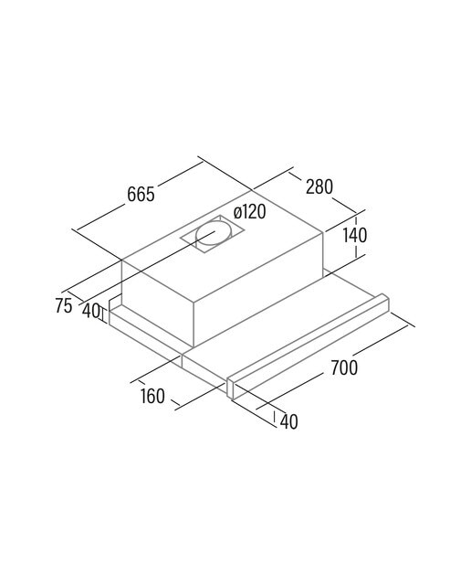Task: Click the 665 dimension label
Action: coord(141,195)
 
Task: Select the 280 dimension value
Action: coord(319,186)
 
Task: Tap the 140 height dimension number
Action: coord(355,235)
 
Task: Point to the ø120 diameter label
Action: coord(250,212)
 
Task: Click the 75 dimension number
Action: coord(63,306)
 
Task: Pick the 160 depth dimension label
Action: coord(152,396)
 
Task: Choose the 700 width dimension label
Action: coord(344,367)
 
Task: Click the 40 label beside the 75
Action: coord(90,311)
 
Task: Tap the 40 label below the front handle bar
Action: coord(288,421)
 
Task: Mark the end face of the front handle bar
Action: coord(229,388)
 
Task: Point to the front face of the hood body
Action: coord(158,303)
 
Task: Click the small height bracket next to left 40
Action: coord(103,313)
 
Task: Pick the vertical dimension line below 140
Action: coord(356,251)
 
